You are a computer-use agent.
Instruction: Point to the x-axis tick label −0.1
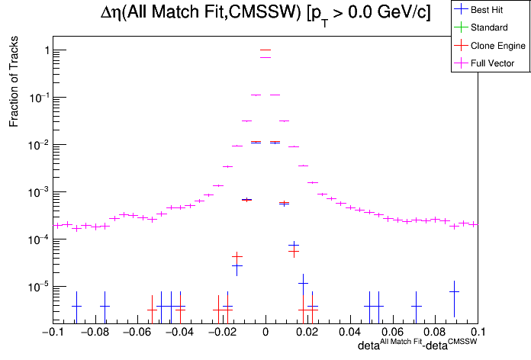coord(50,333)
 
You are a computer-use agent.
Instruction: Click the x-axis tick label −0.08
coord(92,333)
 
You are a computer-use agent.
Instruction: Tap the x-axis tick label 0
coord(265,333)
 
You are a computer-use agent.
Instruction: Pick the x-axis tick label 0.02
coord(307,333)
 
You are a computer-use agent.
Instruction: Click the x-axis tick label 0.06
coord(393,333)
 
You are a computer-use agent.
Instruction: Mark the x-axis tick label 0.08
coord(436,333)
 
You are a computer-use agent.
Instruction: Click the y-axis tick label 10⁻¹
coord(40,97)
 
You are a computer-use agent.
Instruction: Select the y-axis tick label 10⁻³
coord(40,191)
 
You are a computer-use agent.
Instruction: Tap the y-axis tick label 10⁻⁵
coord(40,286)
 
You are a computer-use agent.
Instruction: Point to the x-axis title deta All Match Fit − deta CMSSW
coord(418,346)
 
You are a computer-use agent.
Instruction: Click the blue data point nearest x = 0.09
coord(454,291)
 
